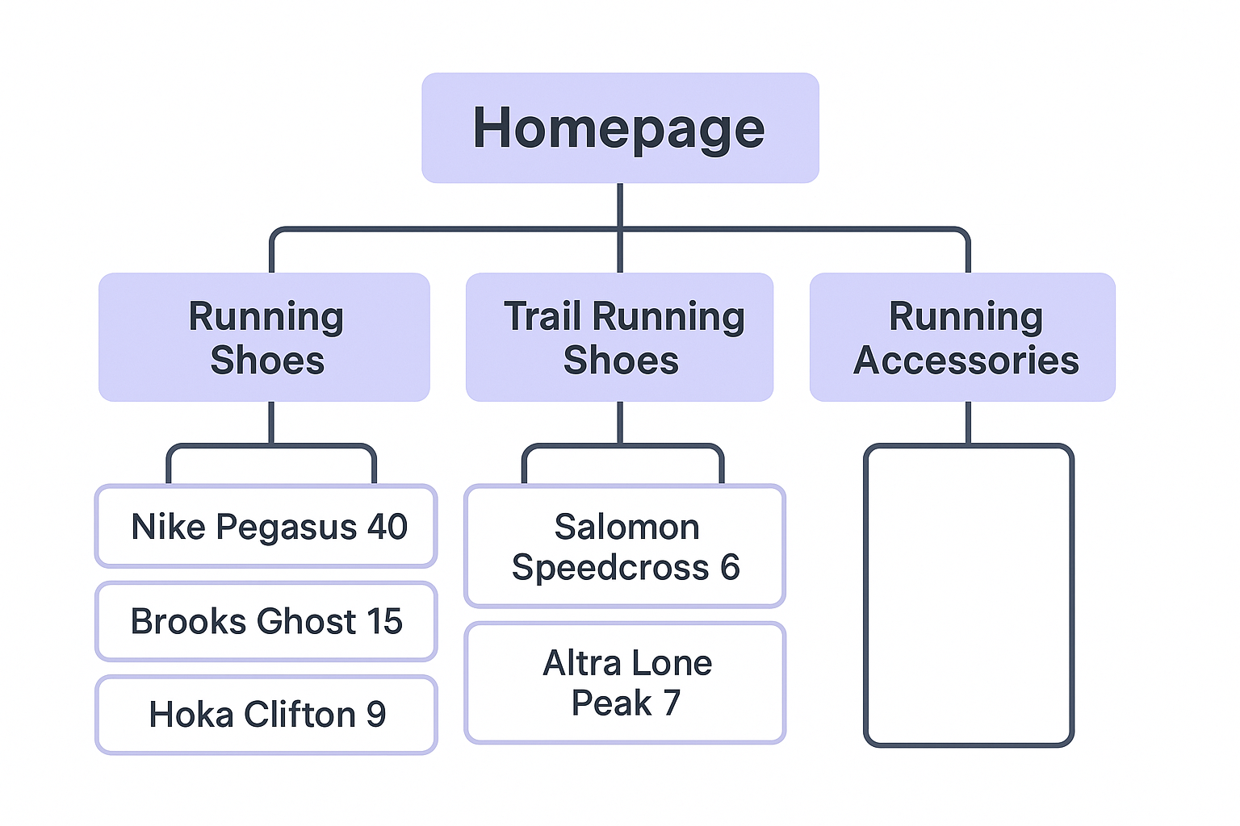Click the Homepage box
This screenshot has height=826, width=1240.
[620, 128]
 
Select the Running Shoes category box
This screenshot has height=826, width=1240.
[265, 337]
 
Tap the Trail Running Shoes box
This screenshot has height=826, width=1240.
[620, 337]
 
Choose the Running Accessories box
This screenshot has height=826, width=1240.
[963, 337]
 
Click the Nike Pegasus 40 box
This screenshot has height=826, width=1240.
[266, 527]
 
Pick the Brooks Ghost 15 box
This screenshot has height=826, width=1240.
[266, 621]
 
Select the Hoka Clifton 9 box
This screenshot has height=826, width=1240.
[266, 715]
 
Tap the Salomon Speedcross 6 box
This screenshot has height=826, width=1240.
[625, 546]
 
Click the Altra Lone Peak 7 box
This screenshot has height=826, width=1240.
[625, 682]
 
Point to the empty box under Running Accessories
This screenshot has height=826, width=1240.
[969, 595]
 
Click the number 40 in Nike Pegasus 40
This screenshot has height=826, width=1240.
[387, 527]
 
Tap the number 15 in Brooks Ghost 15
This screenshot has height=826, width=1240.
[383, 621]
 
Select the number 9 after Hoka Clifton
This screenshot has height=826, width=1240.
[375, 715]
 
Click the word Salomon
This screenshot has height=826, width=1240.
[626, 527]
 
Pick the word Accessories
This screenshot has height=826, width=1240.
[966, 360]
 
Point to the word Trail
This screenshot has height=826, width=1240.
[542, 316]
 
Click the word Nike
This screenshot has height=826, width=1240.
[168, 527]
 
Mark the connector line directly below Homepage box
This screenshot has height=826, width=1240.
[620, 205]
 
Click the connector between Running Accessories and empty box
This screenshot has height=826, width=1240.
[969, 422]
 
